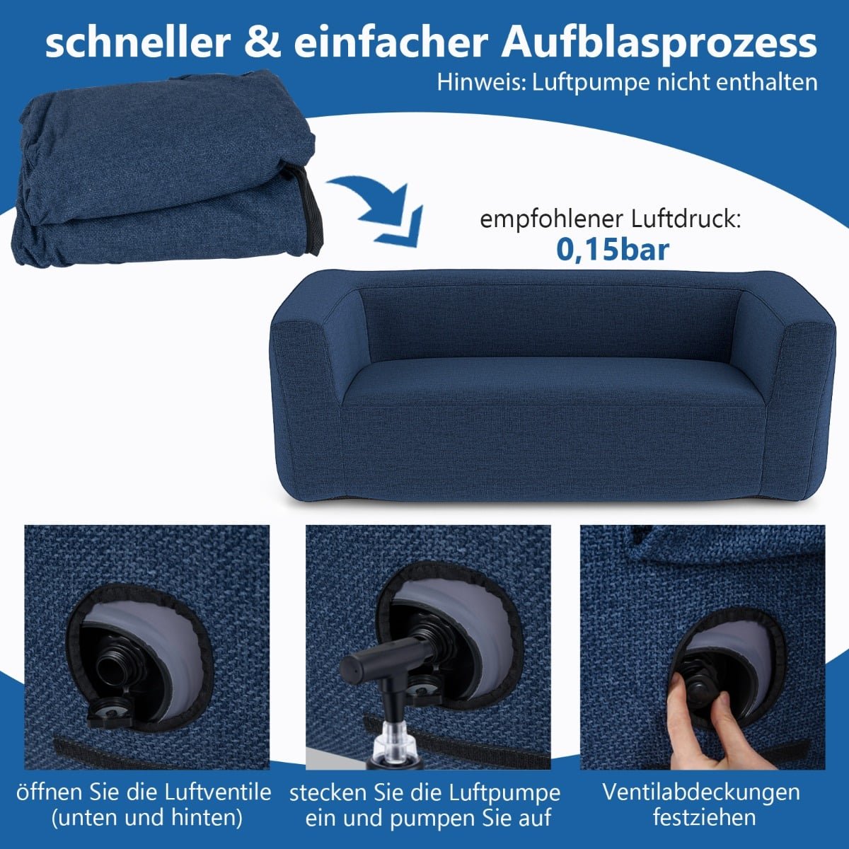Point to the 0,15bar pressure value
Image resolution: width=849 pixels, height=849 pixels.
point(613,249)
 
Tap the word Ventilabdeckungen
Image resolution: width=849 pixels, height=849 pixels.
point(701,793)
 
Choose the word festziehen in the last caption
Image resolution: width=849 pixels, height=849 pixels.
point(704,818)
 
